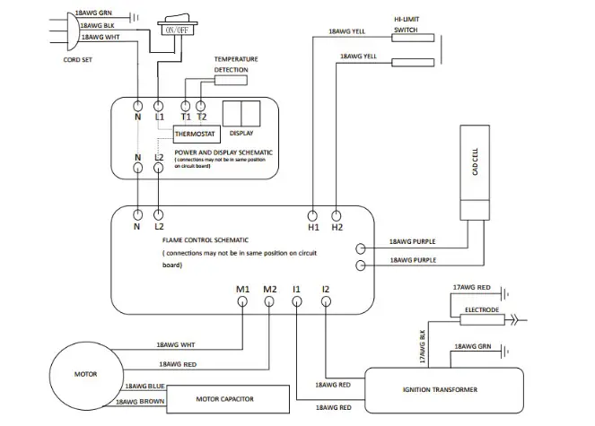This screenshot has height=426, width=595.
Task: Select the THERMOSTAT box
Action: (x=196, y=135)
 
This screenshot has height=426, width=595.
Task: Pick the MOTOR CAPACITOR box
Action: (x=230, y=397)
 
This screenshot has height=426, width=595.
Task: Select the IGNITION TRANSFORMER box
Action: (x=441, y=389)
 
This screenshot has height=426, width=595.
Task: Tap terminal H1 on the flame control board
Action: (x=312, y=216)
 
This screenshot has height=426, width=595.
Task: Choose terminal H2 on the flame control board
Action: (x=337, y=216)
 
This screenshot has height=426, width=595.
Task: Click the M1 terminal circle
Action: (x=243, y=302)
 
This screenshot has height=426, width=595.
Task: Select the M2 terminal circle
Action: (x=270, y=302)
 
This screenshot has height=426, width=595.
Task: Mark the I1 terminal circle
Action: (x=297, y=302)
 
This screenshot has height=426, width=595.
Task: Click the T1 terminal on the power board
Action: (x=185, y=102)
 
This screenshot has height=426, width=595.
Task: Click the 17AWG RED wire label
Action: (x=471, y=286)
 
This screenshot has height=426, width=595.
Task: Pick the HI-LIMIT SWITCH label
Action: (x=406, y=23)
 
